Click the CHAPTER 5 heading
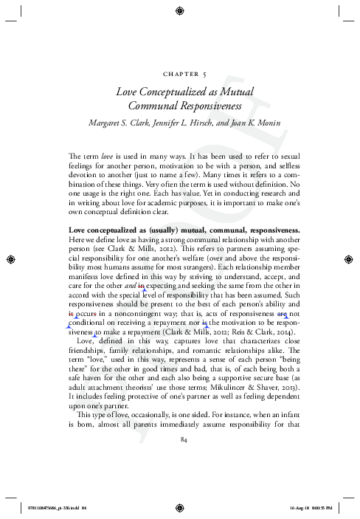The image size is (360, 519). click(x=180, y=74)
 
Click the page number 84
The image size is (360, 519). click(x=180, y=441)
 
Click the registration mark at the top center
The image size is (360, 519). click(x=180, y=10)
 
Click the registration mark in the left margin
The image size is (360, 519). click(x=10, y=259)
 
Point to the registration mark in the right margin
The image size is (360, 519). click(x=350, y=259)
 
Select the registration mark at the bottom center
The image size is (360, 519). click(x=180, y=509)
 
